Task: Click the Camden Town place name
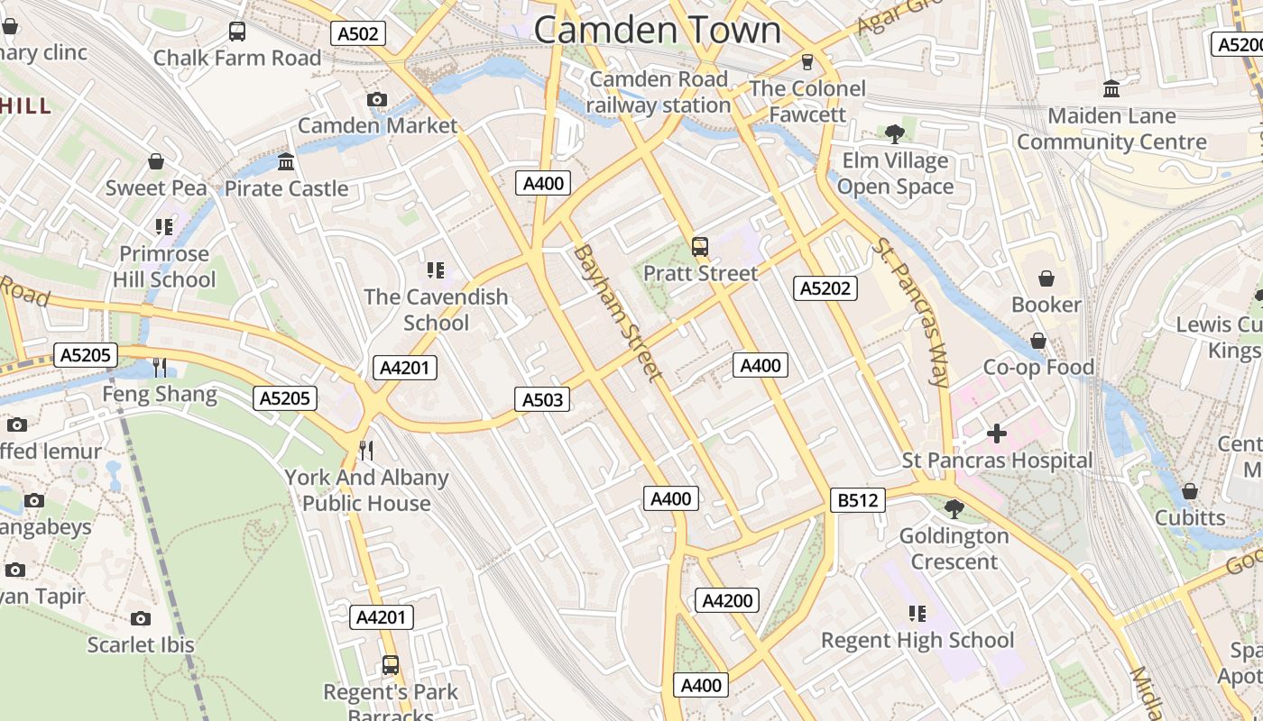657,30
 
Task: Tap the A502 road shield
358,33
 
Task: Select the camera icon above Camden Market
377,99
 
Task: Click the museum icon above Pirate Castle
286,162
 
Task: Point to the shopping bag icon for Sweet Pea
156,161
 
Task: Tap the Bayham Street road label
618,312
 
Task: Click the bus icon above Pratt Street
699,246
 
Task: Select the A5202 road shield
825,288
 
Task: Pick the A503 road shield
542,399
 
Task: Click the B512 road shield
857,500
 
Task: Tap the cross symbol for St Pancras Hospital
997,434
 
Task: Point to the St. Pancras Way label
911,312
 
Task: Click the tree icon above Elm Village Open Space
895,134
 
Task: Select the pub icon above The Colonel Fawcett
807,61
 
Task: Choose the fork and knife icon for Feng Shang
160,367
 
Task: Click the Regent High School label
917,641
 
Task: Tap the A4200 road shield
727,600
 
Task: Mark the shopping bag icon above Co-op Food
1038,341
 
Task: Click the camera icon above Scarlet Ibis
140,618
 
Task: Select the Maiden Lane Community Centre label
1111,129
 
